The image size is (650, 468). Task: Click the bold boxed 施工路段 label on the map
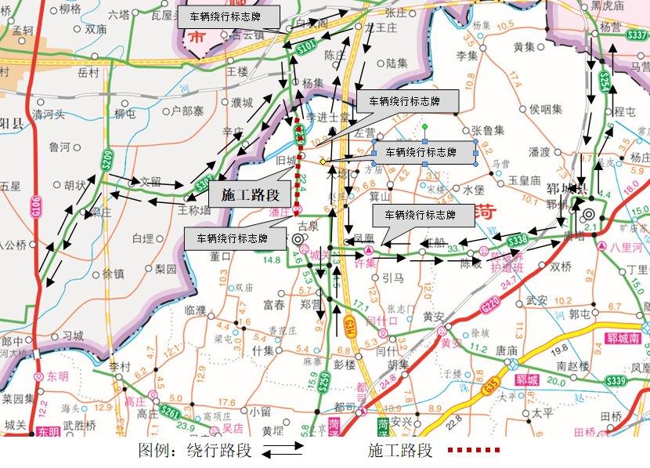tap(245, 194)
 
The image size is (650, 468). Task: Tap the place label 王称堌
tap(195, 210)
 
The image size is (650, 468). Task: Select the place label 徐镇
tap(114, 274)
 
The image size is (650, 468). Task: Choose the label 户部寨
tap(188, 111)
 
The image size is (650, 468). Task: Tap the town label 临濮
tap(195, 310)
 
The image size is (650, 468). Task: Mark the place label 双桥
tap(561, 267)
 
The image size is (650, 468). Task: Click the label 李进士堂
tap(327, 117)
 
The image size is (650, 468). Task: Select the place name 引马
tap(392, 278)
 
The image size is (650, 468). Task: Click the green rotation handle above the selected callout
tap(424, 126)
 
